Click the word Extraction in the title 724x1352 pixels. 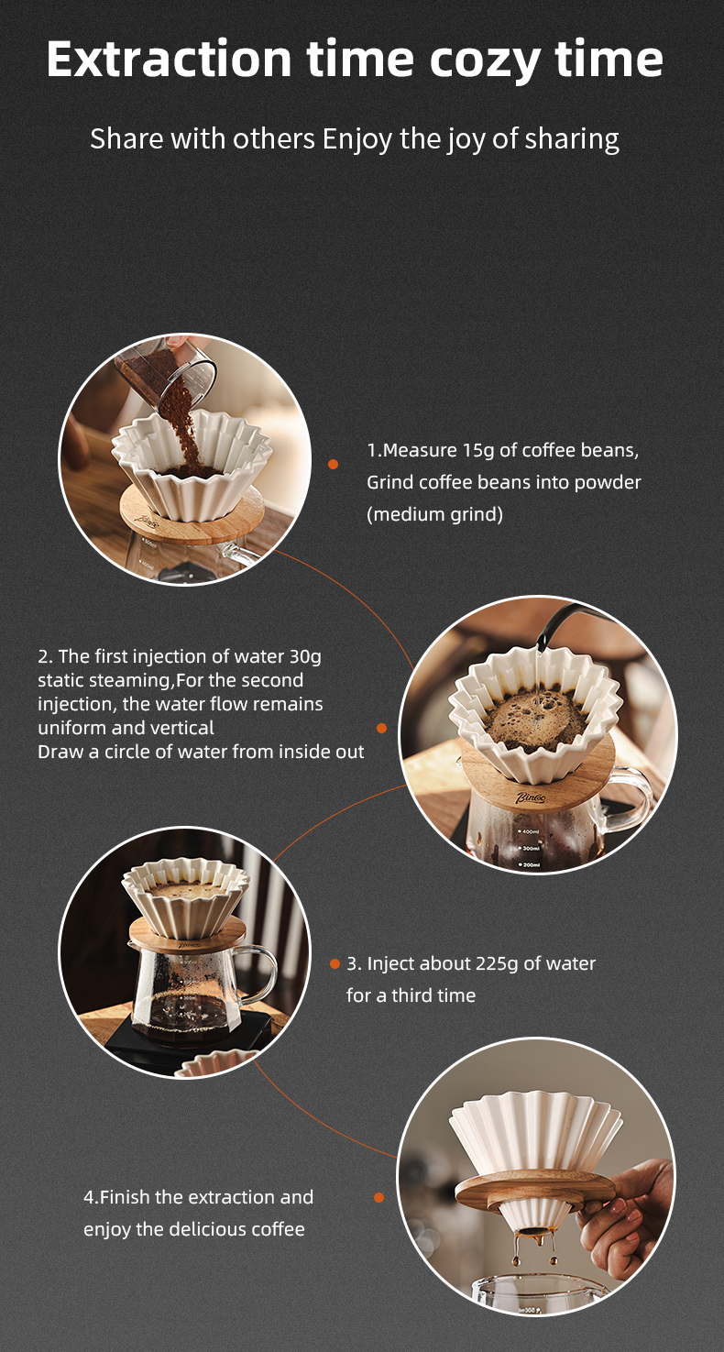pos(170,59)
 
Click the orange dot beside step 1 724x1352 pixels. pos(333,464)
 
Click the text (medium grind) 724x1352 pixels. pos(435,514)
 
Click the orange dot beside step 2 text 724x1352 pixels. pos(381,729)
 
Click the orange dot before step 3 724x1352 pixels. pos(335,964)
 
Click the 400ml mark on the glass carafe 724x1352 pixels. pos(529,832)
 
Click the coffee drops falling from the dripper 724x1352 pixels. pos(534,1250)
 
